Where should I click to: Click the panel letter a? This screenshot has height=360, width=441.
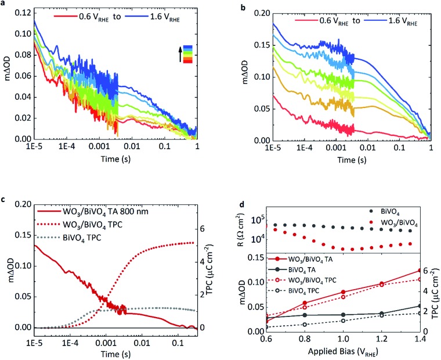coord(5,4)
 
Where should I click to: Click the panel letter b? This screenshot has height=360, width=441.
coord(231,4)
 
